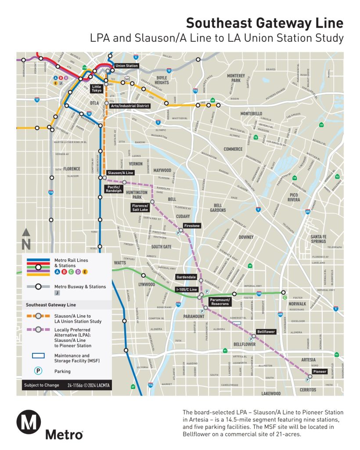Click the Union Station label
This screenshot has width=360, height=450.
(126, 66)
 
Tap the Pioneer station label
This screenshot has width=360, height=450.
(319, 371)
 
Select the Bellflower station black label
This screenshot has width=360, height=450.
(266, 332)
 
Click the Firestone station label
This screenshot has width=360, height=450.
(192, 226)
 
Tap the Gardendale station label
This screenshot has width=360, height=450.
(186, 277)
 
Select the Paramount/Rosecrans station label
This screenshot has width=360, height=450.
(220, 302)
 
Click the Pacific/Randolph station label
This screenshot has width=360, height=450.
(114, 189)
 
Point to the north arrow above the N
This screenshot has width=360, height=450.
(26, 232)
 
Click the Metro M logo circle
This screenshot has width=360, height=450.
(29, 423)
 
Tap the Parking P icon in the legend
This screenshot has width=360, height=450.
(39, 371)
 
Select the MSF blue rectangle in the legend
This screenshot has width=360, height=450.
(39, 356)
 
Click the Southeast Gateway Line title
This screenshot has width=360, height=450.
(264, 23)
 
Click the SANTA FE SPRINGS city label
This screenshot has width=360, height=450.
(318, 239)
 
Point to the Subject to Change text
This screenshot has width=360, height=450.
(40, 386)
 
